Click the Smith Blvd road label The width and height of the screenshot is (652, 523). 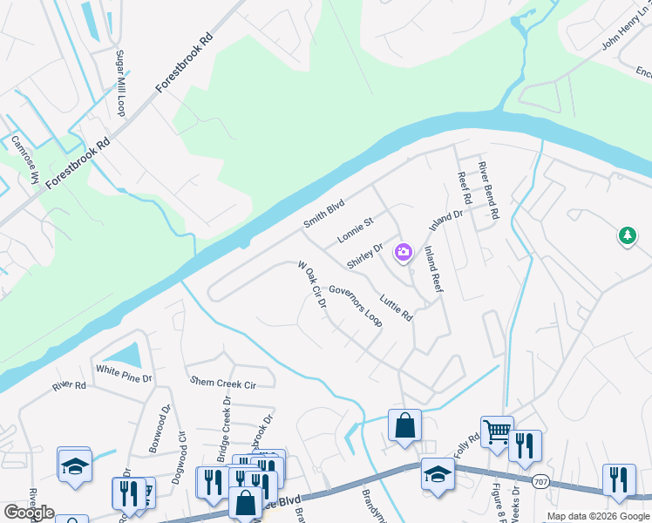(x=324, y=214)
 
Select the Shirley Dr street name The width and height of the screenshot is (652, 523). (x=364, y=256)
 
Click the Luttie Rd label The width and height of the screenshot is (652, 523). (x=396, y=306)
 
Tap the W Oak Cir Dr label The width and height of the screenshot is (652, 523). (x=311, y=285)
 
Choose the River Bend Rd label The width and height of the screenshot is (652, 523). (x=488, y=189)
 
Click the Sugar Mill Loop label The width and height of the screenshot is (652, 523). (x=121, y=83)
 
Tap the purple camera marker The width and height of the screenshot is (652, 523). (x=403, y=253)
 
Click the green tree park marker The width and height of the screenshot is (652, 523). (x=627, y=235)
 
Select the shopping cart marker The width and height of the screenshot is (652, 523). (x=496, y=430)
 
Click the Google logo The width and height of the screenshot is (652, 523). (x=29, y=513)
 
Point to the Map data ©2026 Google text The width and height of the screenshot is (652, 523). (x=598, y=516)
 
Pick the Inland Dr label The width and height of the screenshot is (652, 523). (x=445, y=221)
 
